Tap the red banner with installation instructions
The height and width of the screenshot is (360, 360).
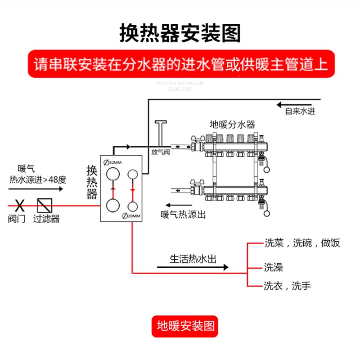click(180, 64)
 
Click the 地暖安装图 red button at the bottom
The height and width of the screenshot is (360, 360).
click(184, 325)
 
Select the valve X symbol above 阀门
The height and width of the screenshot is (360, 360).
click(19, 206)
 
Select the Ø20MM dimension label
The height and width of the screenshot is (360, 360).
click(131, 216)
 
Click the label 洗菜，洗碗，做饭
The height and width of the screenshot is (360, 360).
click(301, 243)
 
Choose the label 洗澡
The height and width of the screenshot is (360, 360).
click(273, 268)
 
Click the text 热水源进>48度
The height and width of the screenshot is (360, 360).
click(38, 180)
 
